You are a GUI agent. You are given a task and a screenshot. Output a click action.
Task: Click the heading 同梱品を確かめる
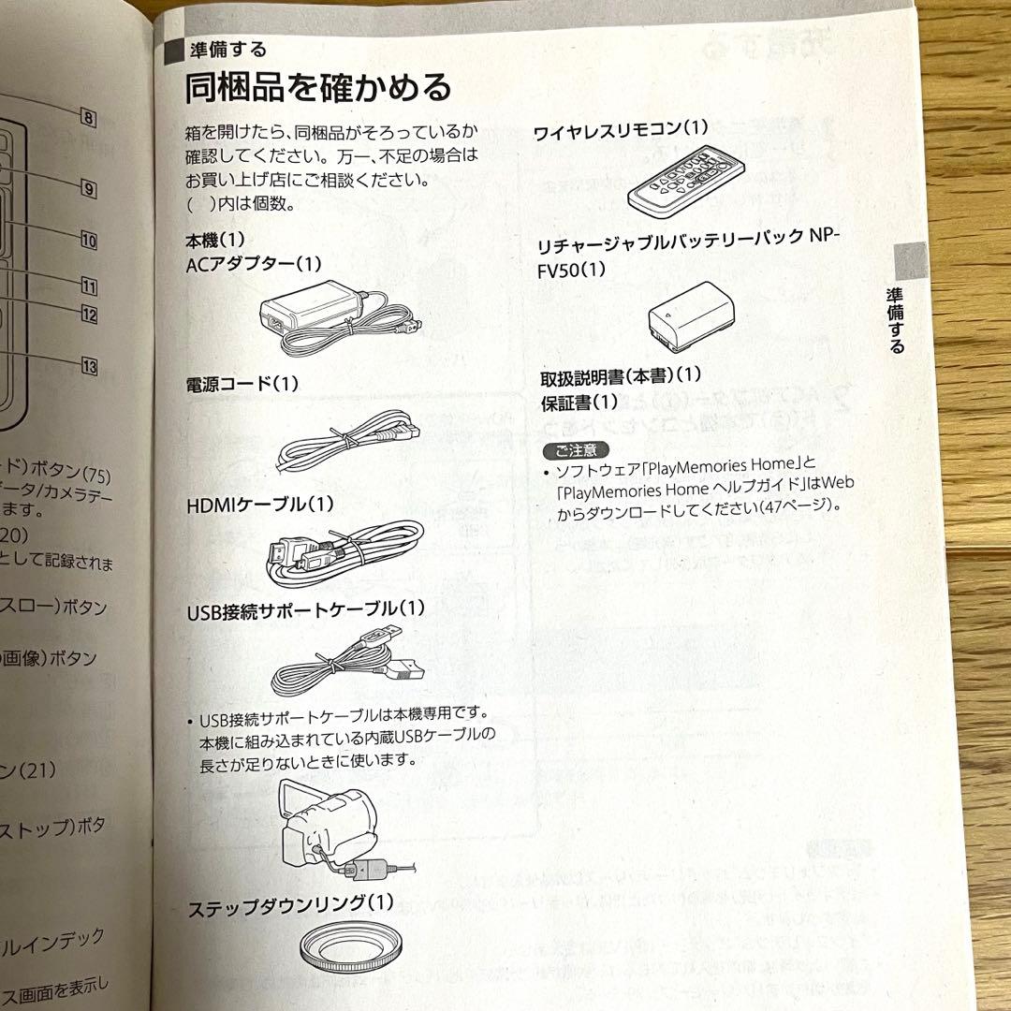318,89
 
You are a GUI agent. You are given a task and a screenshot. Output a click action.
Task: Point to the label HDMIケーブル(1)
260,504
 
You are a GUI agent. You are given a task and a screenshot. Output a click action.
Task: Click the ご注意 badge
576,449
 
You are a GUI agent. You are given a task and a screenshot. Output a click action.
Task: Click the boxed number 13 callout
89,367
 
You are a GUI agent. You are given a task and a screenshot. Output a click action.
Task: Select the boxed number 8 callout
88,119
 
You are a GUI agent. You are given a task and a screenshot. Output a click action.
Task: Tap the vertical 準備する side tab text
896,319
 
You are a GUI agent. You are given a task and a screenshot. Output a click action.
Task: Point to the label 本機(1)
215,241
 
